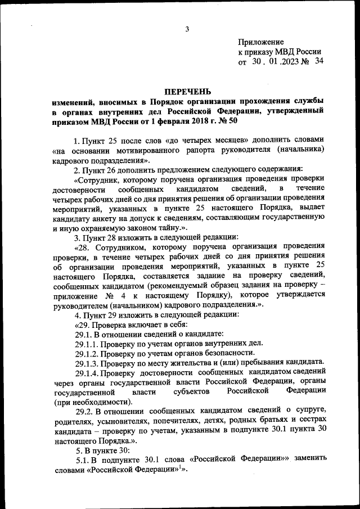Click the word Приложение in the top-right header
[x=261, y=42]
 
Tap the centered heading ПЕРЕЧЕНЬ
[x=187, y=91]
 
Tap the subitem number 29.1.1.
[x=87, y=343]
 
